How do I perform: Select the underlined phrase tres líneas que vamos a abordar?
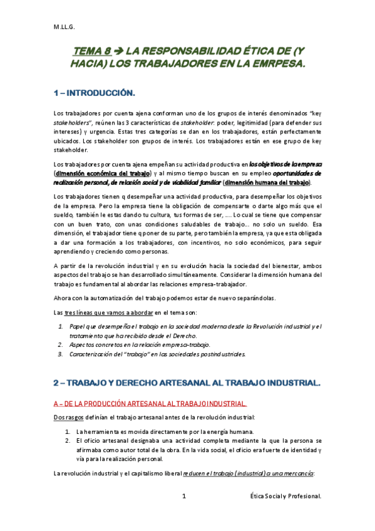click(x=103, y=312)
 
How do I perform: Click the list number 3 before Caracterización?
click(x=60, y=353)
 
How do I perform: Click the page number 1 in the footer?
click(x=184, y=496)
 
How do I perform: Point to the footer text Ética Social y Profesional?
click(x=285, y=496)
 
